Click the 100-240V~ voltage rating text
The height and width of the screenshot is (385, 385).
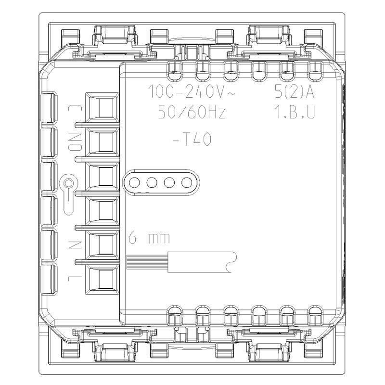click(x=192, y=91)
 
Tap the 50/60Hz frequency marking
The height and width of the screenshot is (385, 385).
click(x=192, y=112)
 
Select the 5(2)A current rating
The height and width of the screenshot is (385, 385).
click(x=295, y=91)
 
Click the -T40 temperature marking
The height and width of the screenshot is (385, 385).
click(x=192, y=140)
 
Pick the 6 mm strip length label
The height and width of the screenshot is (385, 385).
click(x=149, y=238)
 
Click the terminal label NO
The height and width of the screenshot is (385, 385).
click(x=75, y=142)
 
